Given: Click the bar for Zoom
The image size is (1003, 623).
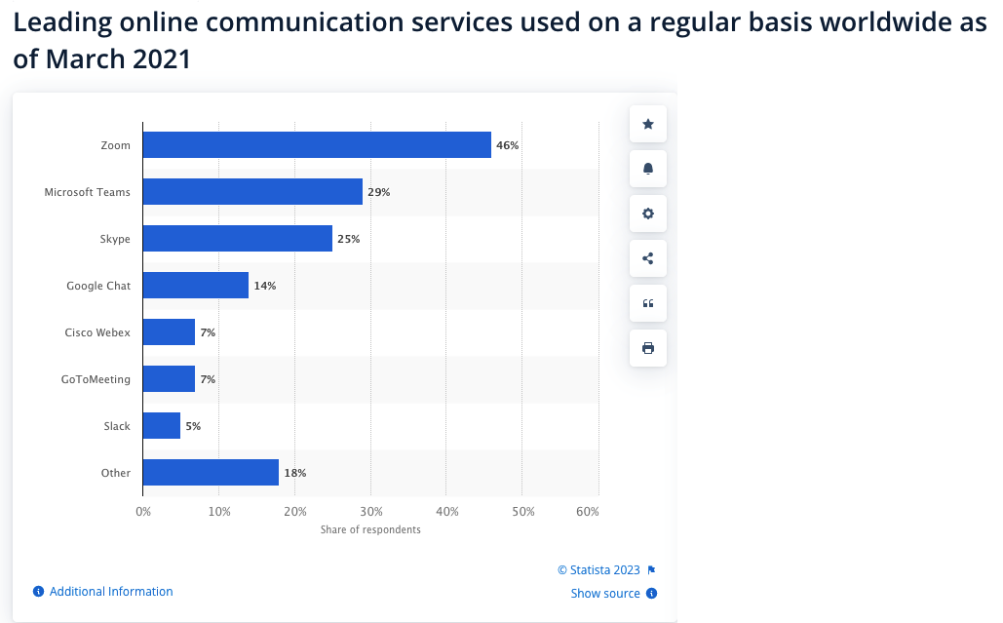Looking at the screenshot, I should click(x=317, y=145).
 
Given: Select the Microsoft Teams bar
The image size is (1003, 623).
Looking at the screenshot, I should click(x=252, y=192).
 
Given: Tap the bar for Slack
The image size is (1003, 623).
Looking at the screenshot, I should click(x=162, y=426).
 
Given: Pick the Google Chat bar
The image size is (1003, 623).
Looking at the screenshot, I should click(x=195, y=286).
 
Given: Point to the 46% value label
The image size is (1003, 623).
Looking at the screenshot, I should click(x=507, y=145).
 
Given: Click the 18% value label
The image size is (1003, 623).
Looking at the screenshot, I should click(x=295, y=473).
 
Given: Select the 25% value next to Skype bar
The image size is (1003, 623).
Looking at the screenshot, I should click(x=348, y=239).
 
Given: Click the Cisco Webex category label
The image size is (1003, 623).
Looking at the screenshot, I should click(x=97, y=332).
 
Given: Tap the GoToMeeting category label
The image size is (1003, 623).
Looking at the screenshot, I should click(x=96, y=379).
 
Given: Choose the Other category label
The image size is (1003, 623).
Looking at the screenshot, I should click(x=116, y=473).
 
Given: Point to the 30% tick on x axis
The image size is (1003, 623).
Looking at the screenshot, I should click(x=370, y=512).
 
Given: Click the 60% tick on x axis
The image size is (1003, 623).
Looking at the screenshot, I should click(x=587, y=512).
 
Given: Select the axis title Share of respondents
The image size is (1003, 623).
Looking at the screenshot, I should click(x=370, y=529).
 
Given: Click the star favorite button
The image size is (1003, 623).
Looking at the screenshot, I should click(x=648, y=124).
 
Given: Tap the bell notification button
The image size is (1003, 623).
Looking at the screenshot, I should click(x=648, y=169).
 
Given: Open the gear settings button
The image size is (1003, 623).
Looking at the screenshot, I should click(x=648, y=214).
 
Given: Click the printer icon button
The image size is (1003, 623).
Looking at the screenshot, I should click(x=648, y=348).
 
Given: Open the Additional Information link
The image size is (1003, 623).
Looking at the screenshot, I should click(x=111, y=592).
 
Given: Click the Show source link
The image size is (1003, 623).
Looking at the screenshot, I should click(x=605, y=594).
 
